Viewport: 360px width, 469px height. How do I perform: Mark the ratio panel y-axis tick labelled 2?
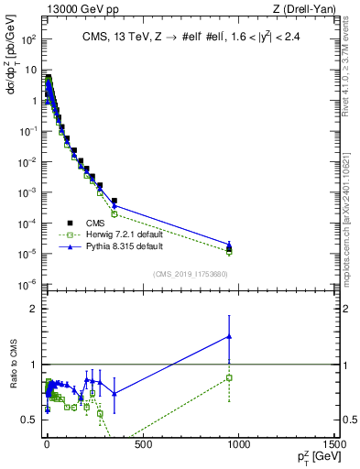[x=33, y=309]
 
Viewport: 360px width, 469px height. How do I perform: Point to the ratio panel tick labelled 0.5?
[x=28, y=420]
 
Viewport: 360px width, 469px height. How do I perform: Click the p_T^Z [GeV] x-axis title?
[x=317, y=458]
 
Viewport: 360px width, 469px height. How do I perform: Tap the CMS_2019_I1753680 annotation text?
[x=191, y=273]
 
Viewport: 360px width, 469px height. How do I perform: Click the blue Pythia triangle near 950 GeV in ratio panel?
[x=229, y=336]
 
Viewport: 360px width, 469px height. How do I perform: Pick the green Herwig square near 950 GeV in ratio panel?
[x=229, y=377]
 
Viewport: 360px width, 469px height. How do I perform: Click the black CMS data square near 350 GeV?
[x=115, y=201]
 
